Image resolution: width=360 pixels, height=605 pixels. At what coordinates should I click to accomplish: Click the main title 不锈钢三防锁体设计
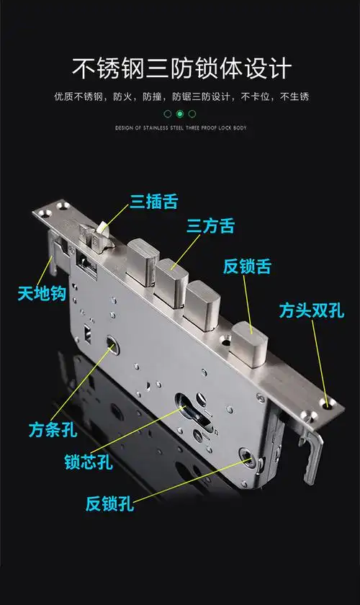[180, 68]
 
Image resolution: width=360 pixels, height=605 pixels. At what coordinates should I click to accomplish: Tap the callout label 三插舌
[153, 201]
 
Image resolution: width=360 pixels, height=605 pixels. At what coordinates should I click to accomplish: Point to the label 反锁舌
[247, 267]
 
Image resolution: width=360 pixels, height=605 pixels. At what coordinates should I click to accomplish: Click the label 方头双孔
[312, 310]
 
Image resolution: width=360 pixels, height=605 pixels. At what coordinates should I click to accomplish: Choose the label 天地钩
[42, 294]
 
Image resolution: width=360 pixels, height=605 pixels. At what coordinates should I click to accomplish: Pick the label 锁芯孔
[88, 460]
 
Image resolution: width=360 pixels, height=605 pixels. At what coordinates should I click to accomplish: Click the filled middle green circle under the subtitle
[180, 114]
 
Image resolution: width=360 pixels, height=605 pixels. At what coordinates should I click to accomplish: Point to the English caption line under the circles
[180, 128]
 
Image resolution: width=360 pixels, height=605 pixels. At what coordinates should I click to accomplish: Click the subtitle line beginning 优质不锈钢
[180, 96]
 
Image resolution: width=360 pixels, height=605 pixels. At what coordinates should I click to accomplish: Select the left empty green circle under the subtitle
[168, 114]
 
